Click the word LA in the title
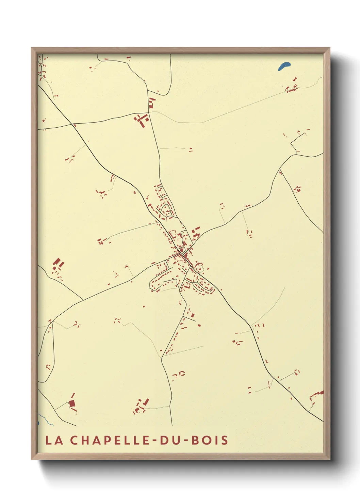click(x=54, y=440)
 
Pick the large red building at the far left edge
click(x=57, y=263)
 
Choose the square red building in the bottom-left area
click(x=72, y=404)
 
